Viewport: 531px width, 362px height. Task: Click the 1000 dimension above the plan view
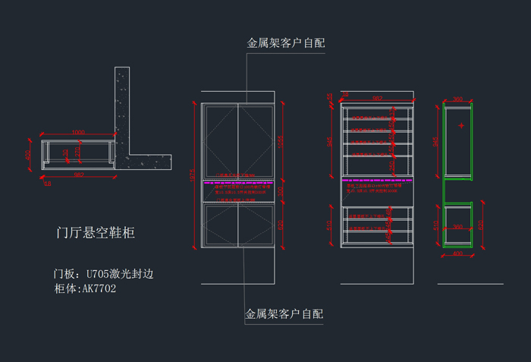pyautogui.click(x=77, y=133)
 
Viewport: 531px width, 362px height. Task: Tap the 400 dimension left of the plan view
pyautogui.click(x=29, y=154)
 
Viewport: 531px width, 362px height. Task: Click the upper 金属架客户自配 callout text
pyautogui.click(x=285, y=43)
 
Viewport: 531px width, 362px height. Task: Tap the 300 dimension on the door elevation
pyautogui.click(x=281, y=192)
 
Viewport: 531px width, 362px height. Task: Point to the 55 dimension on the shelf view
pyautogui.click(x=330, y=97)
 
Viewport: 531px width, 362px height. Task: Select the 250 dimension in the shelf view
pyautogui.click(x=391, y=165)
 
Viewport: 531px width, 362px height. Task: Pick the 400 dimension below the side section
pyautogui.click(x=457, y=254)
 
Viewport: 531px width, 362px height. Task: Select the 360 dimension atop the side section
pyautogui.click(x=457, y=99)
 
